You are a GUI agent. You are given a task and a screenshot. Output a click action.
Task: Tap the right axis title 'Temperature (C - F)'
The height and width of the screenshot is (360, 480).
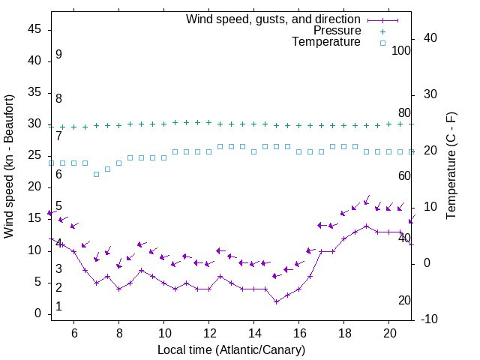[x=451, y=166]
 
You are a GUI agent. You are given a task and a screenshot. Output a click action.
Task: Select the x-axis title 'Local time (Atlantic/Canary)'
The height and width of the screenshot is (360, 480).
[x=232, y=350]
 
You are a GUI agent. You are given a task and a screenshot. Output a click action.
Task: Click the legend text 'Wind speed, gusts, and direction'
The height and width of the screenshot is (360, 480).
[x=274, y=19]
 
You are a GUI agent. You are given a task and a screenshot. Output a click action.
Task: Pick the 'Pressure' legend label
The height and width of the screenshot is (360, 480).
[x=337, y=31]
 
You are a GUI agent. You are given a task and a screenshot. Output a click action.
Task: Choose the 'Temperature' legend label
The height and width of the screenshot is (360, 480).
[x=326, y=43]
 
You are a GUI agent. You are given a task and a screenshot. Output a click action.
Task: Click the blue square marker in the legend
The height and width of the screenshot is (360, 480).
[x=382, y=43]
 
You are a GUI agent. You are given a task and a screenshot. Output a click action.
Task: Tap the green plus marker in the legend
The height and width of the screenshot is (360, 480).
[x=382, y=31]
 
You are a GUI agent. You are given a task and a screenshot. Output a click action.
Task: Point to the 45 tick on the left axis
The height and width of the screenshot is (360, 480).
[x=34, y=29]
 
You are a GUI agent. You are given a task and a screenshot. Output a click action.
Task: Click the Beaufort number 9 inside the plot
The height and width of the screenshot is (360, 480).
[x=58, y=55]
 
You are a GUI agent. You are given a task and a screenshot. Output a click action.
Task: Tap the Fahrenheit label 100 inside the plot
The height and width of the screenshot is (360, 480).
[x=401, y=51]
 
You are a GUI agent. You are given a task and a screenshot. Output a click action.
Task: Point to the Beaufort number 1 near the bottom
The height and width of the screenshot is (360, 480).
[x=58, y=307]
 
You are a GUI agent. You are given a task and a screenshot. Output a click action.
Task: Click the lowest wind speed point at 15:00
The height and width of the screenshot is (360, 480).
[x=277, y=301]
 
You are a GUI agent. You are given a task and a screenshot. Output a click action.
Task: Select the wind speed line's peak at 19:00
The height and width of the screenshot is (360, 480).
[x=367, y=226]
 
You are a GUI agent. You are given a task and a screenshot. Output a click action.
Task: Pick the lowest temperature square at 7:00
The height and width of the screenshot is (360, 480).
[x=96, y=174]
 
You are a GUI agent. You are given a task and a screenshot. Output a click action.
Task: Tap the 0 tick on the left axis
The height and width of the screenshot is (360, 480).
[x=38, y=313]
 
